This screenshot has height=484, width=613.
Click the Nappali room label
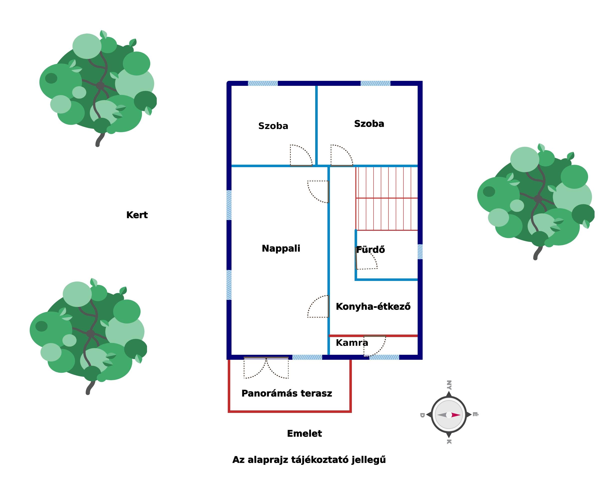click(x=281, y=248)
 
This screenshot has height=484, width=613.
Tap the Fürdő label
click(x=370, y=250)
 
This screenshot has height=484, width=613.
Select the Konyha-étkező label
click(x=373, y=307)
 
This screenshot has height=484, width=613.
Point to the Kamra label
click(x=352, y=343)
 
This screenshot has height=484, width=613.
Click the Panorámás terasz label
click(x=286, y=393)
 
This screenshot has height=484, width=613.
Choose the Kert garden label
click(x=137, y=215)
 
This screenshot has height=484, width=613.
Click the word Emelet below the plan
click(x=304, y=434)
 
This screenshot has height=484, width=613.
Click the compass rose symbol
click(x=449, y=415)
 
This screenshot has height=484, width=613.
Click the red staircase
click(x=386, y=198)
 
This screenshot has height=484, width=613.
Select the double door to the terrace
click(x=266, y=368)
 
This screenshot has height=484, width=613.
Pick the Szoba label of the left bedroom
click(x=273, y=126)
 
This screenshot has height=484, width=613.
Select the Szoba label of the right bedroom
click(x=369, y=124)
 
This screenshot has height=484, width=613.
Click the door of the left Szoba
click(x=301, y=156)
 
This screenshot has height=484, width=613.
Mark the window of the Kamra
click(x=384, y=357)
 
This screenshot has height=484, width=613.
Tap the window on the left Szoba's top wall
click(x=263, y=83)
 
